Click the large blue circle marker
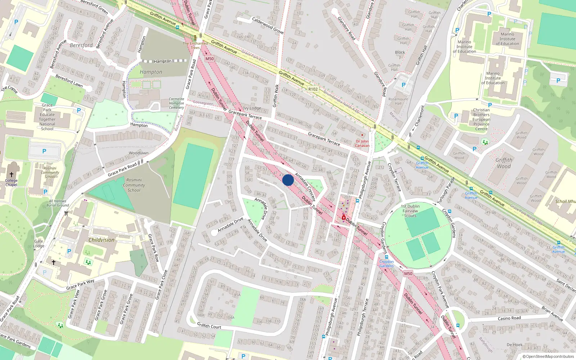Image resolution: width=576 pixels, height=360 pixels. point(288,180)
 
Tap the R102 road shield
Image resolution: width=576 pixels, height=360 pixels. point(313,89)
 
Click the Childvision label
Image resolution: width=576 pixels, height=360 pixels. point(102,240)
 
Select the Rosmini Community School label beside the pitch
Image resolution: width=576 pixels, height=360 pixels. point(134,185)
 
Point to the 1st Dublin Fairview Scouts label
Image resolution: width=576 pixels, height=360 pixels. point(410,211)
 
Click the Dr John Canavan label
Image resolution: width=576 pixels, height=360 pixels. point(362,143)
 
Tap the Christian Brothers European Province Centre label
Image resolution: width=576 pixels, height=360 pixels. point(481,119)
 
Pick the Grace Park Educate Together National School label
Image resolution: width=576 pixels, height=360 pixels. point(47,117)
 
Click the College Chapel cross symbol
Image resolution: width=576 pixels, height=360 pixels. point(12,174)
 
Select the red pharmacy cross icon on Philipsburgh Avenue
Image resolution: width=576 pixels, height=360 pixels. point(344,218)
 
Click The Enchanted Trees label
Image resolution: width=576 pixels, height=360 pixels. point(195,45)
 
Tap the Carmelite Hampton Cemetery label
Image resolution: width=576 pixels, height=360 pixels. point(176,103)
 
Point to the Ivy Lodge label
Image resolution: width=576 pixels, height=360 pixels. point(252,108)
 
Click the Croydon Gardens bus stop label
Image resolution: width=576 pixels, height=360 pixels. point(386,264)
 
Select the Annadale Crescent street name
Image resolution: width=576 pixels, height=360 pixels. point(305,187)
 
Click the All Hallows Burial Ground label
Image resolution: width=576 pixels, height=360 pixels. point(58,203)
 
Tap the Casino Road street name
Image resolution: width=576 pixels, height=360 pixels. point(509,318)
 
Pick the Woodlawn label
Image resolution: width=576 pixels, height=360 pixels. point(139,153)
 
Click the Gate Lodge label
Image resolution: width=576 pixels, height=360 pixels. point(39,244)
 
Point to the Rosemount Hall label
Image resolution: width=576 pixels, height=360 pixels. point(398,101)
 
